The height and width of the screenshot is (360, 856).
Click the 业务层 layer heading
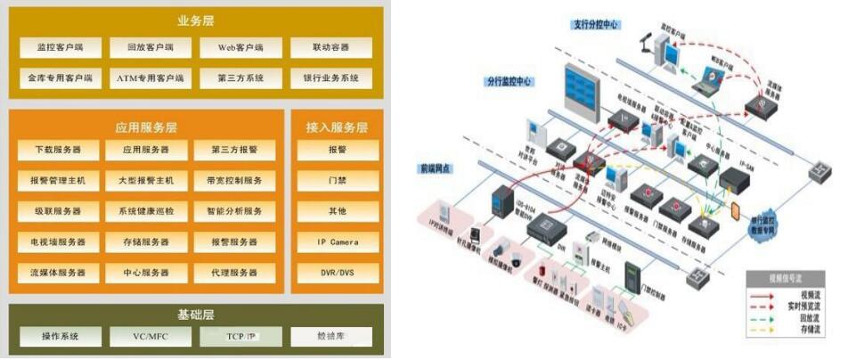pos(197,20)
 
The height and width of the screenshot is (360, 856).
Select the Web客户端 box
pos(239,47)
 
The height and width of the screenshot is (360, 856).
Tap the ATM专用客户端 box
pos(150,78)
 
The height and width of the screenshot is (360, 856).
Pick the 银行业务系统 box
pos(330,78)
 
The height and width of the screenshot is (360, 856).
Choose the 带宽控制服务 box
pos(235,181)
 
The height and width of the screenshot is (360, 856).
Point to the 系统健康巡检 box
pos(147,211)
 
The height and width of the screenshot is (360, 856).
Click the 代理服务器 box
pos(235,273)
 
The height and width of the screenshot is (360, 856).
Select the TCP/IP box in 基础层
pos(240,337)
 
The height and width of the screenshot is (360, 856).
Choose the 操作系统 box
pos(61,337)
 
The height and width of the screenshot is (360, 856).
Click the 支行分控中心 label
pos(596,23)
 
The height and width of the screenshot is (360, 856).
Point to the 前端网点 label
pos(436,168)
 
